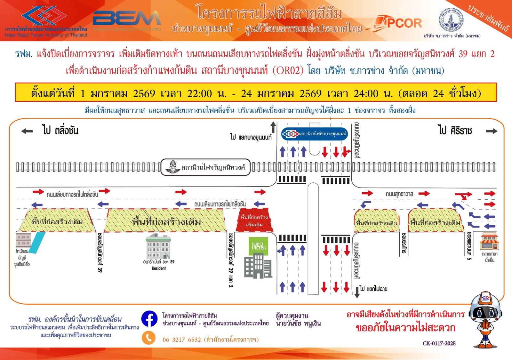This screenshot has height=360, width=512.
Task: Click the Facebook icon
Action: tap(149, 319)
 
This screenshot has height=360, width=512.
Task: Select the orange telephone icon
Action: tap(148, 338)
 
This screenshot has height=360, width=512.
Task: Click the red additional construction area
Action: tap(254, 220)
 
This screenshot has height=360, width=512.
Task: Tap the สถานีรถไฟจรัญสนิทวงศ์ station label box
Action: tap(205, 167)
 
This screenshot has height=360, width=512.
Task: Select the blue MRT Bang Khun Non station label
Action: tap(314, 134)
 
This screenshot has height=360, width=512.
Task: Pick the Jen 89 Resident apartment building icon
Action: tap(158, 246)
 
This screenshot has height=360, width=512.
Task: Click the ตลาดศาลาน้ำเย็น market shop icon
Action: tap(489, 242)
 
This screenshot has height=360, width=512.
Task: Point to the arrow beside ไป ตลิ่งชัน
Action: tap(27, 131)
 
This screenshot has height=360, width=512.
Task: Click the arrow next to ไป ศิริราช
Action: tap(491, 131)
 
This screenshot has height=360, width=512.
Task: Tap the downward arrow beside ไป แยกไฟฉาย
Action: tap(357, 292)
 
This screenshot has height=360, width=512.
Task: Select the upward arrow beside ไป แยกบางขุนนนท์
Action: tap(273, 127)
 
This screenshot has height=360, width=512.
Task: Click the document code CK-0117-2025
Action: tap(439, 343)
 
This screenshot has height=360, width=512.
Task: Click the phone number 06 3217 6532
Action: tap(181, 340)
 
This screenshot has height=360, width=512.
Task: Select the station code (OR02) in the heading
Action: tap(288, 70)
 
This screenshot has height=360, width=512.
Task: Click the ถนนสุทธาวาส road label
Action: tap(399, 194)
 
